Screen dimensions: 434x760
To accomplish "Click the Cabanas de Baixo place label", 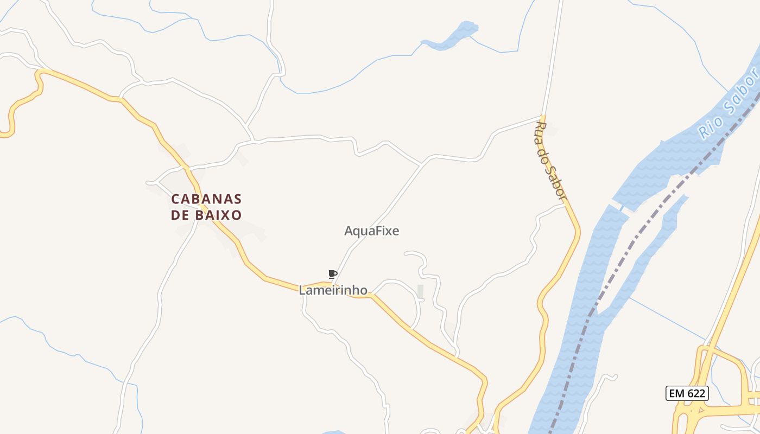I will pyautogui.click(x=206, y=207).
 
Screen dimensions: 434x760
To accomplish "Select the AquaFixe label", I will pyautogui.click(x=372, y=231).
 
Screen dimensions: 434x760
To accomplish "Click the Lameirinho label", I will pyautogui.click(x=333, y=290).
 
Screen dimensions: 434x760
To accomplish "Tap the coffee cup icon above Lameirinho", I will pyautogui.click(x=332, y=274).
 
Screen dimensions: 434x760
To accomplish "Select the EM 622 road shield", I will pyautogui.click(x=687, y=393).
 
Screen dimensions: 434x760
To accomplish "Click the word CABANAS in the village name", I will pyautogui.click(x=206, y=199).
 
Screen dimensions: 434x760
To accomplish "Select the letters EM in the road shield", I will pyautogui.click(x=676, y=393).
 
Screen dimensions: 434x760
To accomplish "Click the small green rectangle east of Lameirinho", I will pyautogui.click(x=420, y=292).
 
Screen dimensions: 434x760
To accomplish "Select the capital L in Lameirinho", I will pyautogui.click(x=302, y=290).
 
